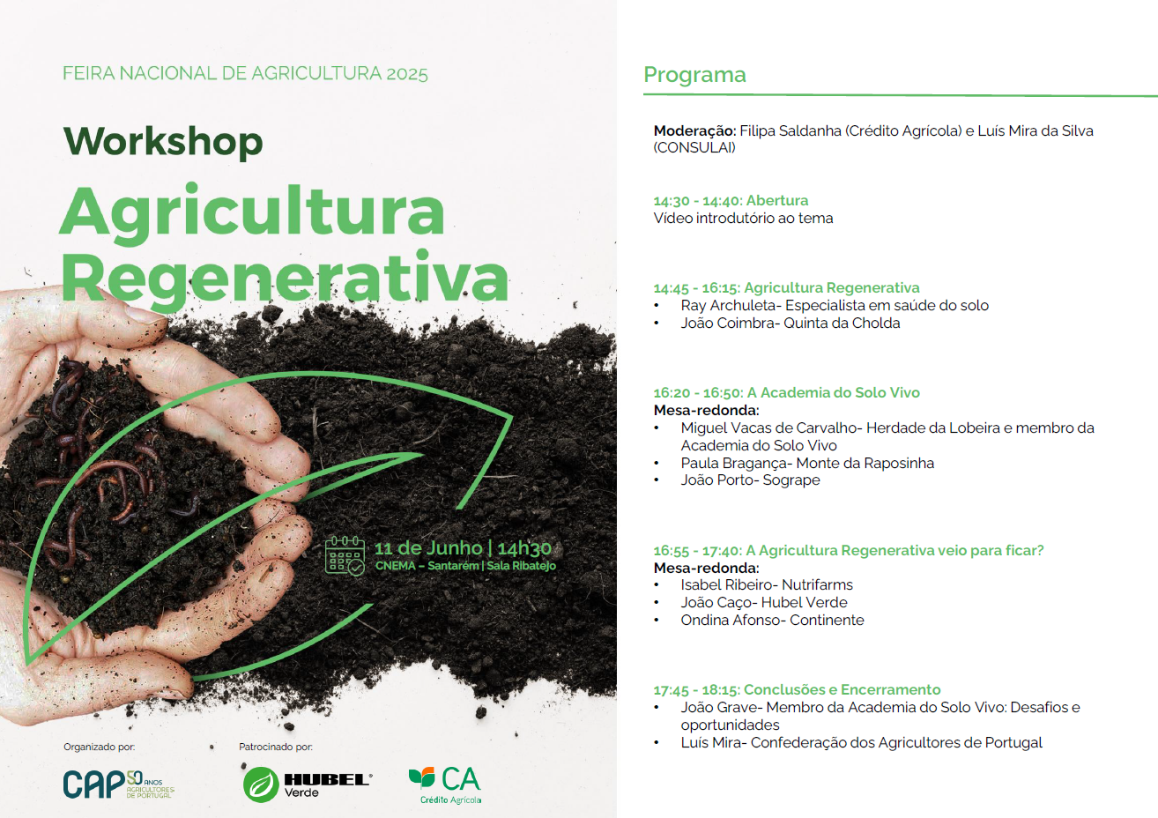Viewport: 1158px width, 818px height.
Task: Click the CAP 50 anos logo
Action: (119, 785)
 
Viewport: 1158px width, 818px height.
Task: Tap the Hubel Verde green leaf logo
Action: (261, 785)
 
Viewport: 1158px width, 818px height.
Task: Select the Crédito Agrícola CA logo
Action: (445, 785)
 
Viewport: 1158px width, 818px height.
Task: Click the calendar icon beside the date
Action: (345, 555)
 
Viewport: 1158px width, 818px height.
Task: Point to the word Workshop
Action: (163, 142)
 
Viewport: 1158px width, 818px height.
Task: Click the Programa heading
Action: (694, 75)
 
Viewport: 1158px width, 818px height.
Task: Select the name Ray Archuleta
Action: (729, 306)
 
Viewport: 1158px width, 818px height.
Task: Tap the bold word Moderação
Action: (694, 130)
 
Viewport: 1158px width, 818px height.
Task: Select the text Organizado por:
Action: (100, 747)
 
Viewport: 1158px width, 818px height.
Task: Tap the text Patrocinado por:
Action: (276, 747)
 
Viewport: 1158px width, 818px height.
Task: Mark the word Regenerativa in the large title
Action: (285, 278)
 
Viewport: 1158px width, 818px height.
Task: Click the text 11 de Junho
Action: (428, 548)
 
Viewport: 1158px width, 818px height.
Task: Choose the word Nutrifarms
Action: (817, 584)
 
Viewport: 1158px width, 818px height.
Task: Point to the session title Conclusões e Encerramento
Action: (843, 690)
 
